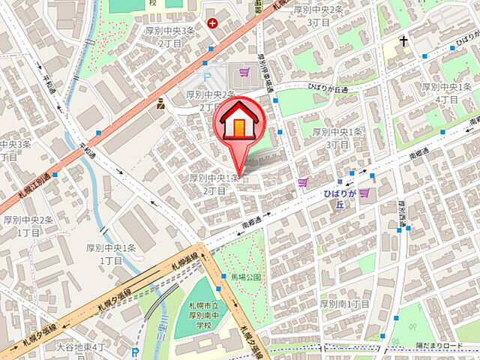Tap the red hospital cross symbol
pos(213,23)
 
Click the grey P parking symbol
pos(208,79)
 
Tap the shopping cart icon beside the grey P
pos(244,73)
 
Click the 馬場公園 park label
pos(246,277)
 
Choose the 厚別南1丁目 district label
pos(344,304)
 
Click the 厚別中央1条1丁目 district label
pos(111,253)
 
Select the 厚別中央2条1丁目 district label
pos(28,225)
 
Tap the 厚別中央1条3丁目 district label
pos(337,138)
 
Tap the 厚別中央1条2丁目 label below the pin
pos(214,184)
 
